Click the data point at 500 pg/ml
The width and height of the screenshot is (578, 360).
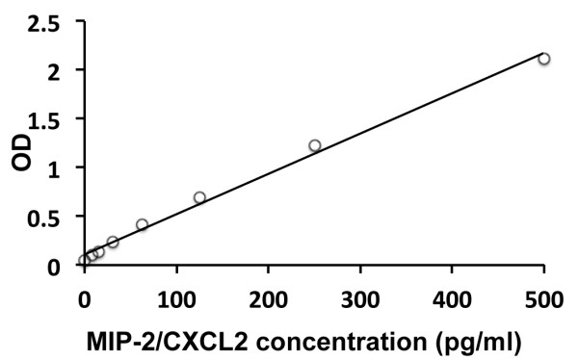coord(544,59)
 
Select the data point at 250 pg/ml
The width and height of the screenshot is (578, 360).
coord(314,145)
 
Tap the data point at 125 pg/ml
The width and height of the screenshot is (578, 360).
coord(199,197)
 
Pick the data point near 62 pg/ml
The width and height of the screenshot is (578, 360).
coord(142,224)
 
